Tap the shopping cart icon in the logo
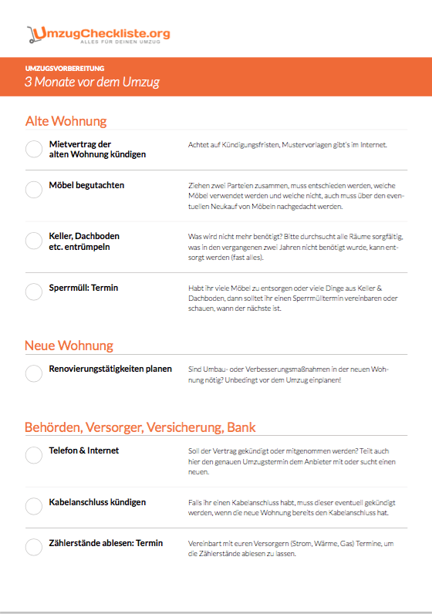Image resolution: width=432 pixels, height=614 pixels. [x=33, y=35]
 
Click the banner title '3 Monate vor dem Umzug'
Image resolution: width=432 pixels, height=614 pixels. [x=92, y=82]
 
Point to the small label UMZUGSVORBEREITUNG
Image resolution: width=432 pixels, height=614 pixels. [x=64, y=69]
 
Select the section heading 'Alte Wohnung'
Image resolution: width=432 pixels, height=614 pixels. [x=66, y=121]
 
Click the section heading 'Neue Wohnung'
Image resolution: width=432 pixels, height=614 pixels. [x=69, y=346]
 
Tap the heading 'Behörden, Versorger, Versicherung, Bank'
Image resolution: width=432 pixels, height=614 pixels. [x=140, y=427]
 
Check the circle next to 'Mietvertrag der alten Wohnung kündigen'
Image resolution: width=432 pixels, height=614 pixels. [x=34, y=149]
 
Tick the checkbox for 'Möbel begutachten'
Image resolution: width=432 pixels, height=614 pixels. [x=34, y=190]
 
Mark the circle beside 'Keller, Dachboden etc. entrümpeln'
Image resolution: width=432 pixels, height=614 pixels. [x=34, y=241]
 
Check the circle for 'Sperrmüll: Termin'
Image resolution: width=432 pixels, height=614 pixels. [x=34, y=292]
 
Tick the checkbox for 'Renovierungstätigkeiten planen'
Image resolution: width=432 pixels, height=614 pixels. [x=34, y=373]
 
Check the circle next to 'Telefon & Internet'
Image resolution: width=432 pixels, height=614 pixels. [x=34, y=455]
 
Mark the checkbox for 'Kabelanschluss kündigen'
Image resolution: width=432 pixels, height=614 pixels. [x=34, y=506]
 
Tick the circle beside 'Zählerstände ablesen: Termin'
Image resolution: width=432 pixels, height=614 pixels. [x=34, y=548]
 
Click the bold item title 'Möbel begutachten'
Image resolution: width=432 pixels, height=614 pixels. [x=86, y=185]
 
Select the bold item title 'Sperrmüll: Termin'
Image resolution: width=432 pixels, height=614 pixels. [x=83, y=288]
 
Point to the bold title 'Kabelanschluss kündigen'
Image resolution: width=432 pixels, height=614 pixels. [x=97, y=502]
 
